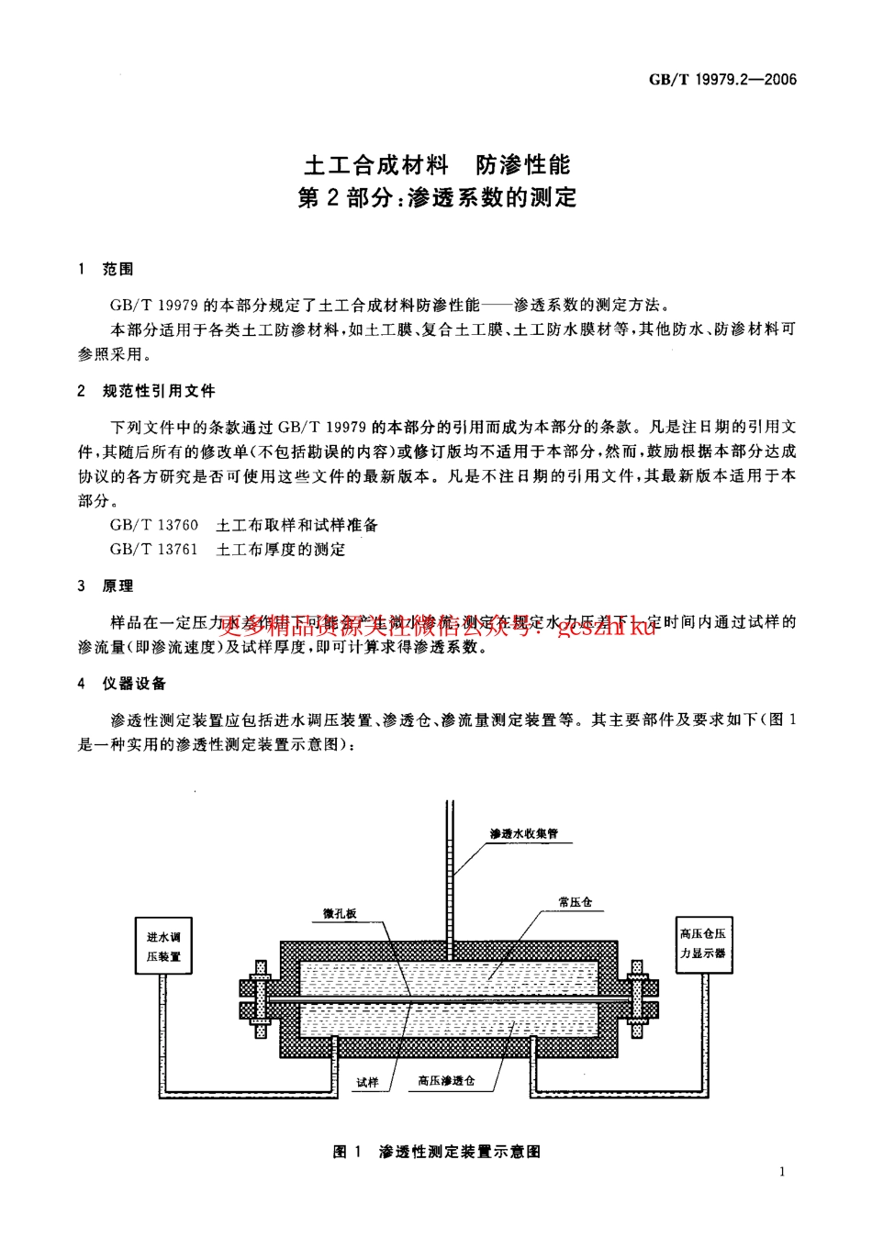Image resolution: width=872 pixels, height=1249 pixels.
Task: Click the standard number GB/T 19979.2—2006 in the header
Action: coord(722,80)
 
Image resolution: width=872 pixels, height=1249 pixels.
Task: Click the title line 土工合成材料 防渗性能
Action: coord(437,165)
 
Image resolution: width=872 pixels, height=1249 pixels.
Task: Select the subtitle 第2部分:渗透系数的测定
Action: coord(437,197)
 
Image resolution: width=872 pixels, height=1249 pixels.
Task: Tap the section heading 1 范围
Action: coord(106,269)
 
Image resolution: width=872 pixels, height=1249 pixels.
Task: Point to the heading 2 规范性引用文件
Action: coord(147,391)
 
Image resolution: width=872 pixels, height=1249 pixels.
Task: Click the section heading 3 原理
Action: coord(106,585)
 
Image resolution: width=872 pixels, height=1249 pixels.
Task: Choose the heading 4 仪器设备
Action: coord(123,683)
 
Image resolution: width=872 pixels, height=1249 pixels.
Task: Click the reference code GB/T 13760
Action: coord(154,525)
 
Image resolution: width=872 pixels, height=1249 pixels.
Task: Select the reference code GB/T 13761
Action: coord(154,549)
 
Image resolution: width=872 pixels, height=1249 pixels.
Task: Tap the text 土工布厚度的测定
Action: coord(281,549)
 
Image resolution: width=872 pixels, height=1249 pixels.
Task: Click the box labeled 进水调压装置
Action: coord(163,946)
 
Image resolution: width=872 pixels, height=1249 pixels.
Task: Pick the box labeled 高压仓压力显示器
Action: coord(703,943)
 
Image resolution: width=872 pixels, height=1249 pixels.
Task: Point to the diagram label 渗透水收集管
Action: coord(523,833)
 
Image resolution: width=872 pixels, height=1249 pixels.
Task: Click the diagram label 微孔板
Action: coord(340,914)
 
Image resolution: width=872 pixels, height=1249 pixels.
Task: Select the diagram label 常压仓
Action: coord(575,902)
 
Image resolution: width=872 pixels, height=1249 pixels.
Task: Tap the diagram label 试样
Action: coord(367,1082)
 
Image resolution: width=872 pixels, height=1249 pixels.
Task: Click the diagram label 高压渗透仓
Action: coord(446,1080)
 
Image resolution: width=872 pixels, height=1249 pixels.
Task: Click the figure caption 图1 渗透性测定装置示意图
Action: coord(437,1151)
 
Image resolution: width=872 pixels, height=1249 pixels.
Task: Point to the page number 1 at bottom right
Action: coord(782,1171)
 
